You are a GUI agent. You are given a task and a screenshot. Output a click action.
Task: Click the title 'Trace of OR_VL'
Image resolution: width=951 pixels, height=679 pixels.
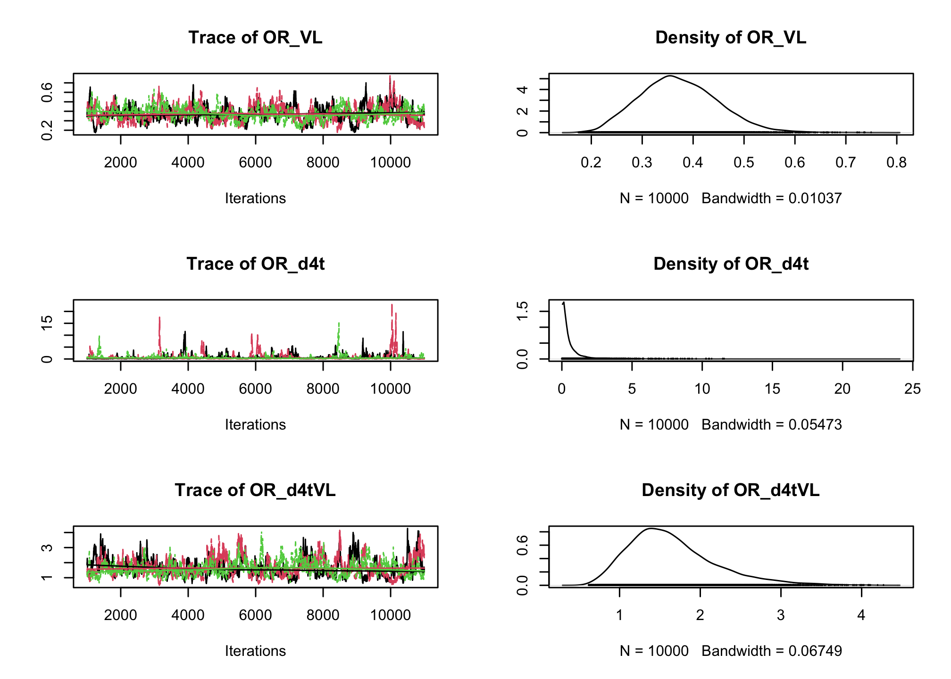click(x=255, y=38)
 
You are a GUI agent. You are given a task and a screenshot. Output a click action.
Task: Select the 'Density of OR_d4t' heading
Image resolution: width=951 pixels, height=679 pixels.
click(x=731, y=264)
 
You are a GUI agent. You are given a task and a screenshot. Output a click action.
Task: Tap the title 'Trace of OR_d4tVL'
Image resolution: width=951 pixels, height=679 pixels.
click(x=255, y=490)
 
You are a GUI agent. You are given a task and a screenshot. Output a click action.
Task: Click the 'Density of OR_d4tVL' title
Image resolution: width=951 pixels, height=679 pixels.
click(x=731, y=490)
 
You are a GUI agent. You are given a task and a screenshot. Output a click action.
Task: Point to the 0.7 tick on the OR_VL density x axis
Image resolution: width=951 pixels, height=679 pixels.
click(x=845, y=163)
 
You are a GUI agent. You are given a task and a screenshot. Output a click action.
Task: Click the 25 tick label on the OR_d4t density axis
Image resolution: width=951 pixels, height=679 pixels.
click(x=912, y=389)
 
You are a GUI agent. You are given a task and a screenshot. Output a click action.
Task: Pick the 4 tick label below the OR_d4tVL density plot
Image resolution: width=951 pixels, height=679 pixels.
click(x=861, y=615)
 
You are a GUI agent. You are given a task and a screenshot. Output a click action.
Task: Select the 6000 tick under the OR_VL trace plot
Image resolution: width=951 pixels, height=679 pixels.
click(x=255, y=163)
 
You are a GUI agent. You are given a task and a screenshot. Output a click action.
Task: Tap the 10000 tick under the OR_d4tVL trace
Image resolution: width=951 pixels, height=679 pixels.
click(x=390, y=615)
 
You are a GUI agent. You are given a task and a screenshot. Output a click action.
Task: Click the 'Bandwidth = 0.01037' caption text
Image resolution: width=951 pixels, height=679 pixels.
click(x=771, y=199)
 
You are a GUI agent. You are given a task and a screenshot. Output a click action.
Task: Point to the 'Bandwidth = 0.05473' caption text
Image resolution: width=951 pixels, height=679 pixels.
click(x=771, y=425)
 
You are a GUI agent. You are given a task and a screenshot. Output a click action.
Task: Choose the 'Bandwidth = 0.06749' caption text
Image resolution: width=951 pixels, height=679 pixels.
click(x=771, y=651)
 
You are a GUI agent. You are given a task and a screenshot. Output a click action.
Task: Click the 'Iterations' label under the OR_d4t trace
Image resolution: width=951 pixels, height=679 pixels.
click(x=255, y=425)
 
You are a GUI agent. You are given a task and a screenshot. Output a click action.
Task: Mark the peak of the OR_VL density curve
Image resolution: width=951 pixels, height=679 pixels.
click(x=670, y=76)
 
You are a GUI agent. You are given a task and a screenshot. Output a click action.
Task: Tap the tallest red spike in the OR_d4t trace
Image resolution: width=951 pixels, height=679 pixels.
click(x=392, y=306)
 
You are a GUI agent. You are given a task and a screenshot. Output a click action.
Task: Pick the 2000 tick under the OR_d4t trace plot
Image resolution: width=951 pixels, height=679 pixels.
click(x=120, y=389)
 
